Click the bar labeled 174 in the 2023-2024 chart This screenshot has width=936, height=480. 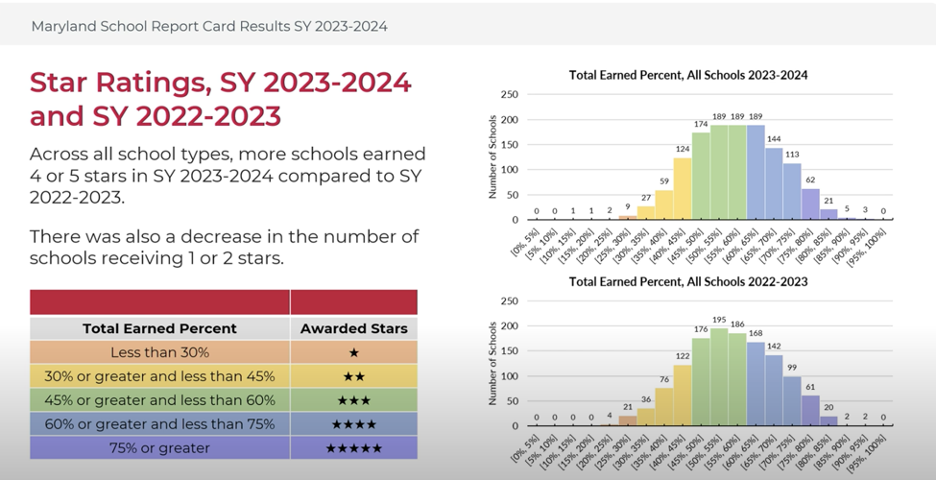(x=701, y=177)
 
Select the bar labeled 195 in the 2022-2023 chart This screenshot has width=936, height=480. (x=719, y=377)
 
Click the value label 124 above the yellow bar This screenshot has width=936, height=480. (x=683, y=149)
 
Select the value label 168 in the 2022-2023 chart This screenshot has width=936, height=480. (x=756, y=334)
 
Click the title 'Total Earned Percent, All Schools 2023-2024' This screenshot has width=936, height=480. (x=688, y=75)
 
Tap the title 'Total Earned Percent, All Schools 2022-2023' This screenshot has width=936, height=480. (x=688, y=281)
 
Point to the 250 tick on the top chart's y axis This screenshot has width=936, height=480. (x=509, y=94)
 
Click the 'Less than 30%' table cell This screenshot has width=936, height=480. (x=159, y=352)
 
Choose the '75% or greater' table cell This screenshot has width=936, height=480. (x=159, y=447)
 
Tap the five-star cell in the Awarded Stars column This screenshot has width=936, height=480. (x=353, y=447)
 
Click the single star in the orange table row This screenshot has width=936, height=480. (x=353, y=352)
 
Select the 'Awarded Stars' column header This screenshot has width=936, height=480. (x=353, y=328)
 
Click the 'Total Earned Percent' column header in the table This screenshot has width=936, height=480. (x=159, y=328)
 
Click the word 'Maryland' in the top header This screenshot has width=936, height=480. (x=63, y=26)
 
